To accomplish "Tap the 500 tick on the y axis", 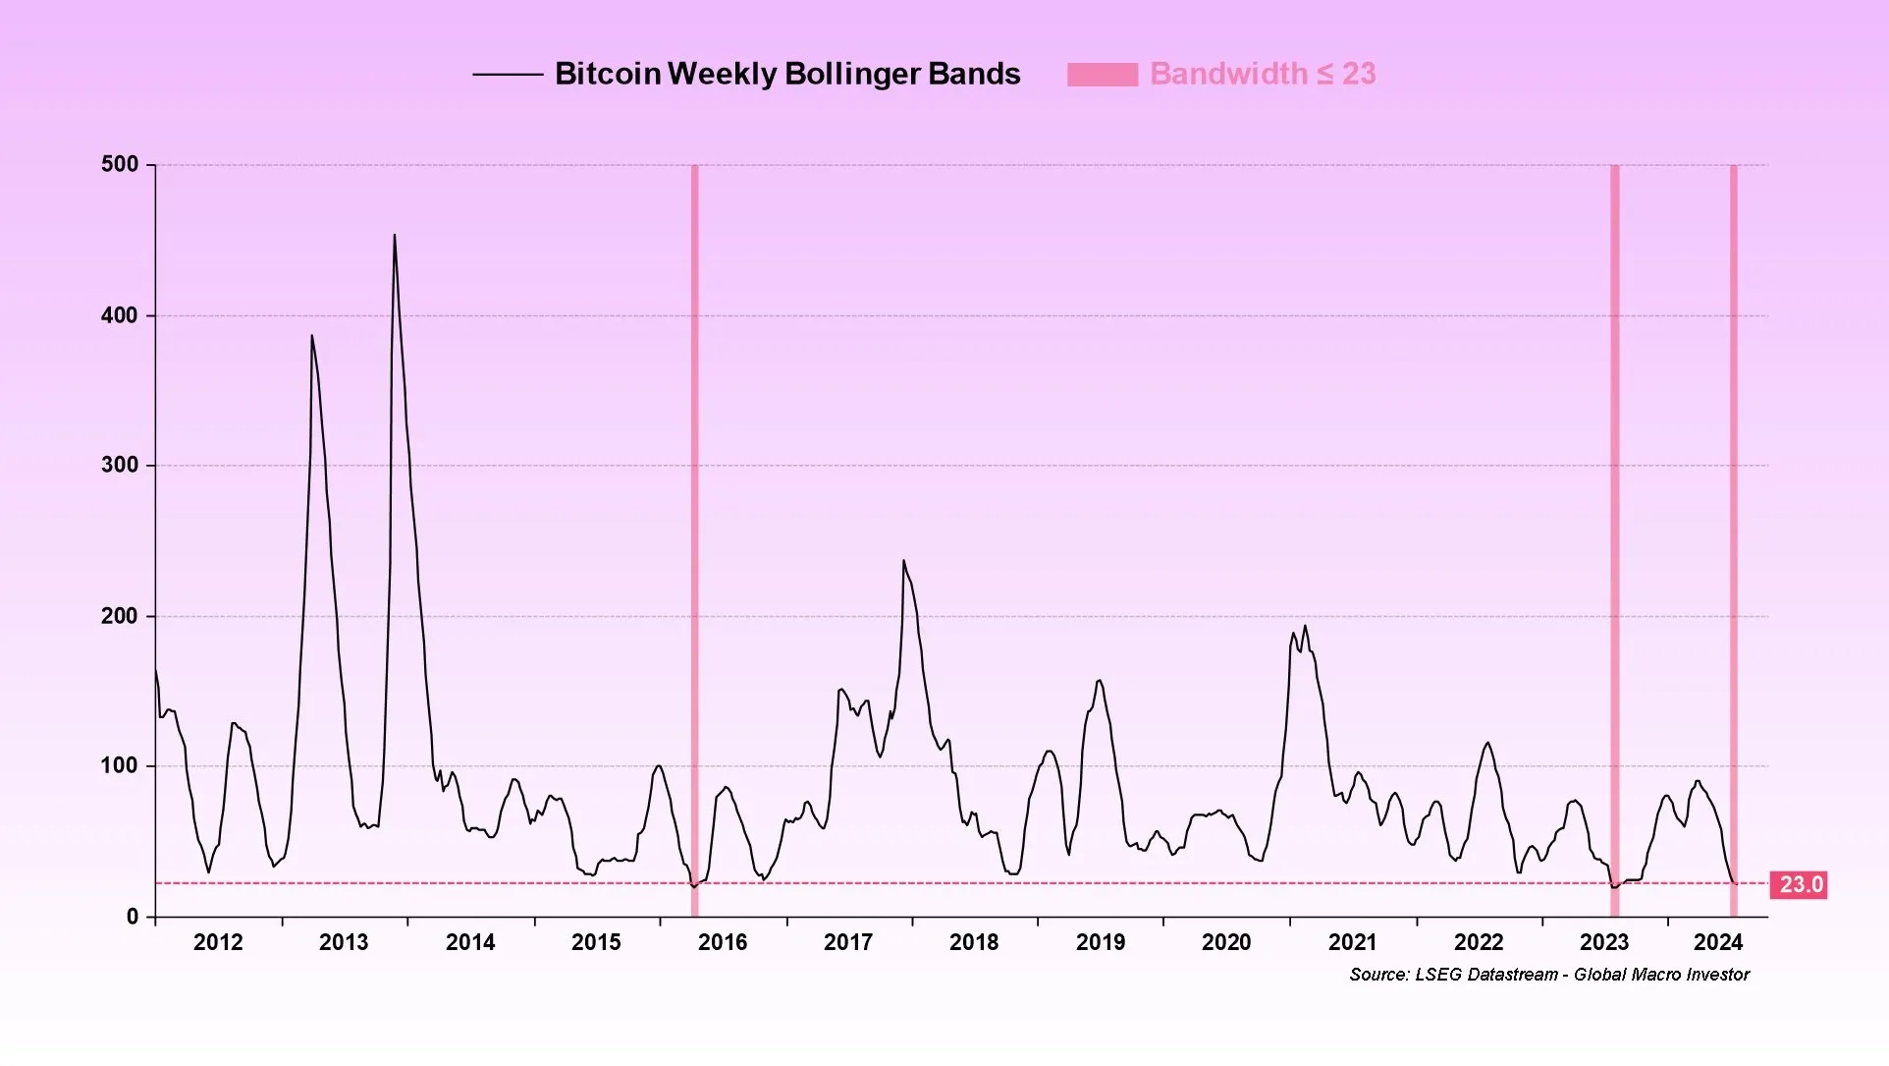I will click(120, 164).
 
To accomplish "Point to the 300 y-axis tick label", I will click(120, 465).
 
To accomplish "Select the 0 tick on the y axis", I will click(133, 917).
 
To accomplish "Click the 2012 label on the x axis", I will click(218, 942).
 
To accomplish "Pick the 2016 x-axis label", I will click(723, 942).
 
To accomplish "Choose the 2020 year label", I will click(1226, 942).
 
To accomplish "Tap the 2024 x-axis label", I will click(1718, 942).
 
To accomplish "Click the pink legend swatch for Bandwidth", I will click(1103, 75).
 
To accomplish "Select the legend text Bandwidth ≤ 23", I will click(1263, 74).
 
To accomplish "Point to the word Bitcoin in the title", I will click(607, 74).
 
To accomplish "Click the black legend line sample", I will click(508, 75).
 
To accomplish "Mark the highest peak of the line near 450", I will click(395, 236).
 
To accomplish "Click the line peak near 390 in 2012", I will click(312, 337).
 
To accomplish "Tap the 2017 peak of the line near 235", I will click(904, 561).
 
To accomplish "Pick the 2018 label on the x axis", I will click(974, 942).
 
